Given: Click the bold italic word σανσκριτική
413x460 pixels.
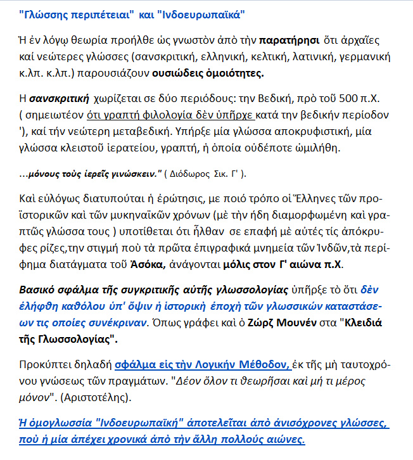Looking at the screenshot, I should pos(60,99).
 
